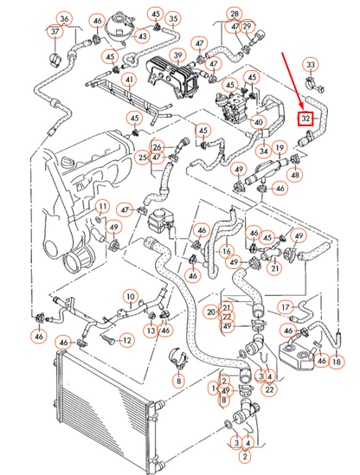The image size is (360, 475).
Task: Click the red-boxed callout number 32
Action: click(305, 119)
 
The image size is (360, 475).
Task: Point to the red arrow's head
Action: click(301, 106)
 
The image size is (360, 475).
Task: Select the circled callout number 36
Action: click(64, 19)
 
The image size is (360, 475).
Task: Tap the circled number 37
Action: click(55, 31)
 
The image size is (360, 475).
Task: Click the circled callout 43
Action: click(142, 36)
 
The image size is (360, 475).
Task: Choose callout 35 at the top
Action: click(173, 19)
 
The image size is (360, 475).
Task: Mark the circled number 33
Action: click(311, 65)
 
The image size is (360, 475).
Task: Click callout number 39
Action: click(178, 55)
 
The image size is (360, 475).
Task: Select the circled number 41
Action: click(129, 80)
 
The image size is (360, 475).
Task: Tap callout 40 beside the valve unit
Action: click(259, 122)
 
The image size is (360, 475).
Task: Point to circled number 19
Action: click(280, 148)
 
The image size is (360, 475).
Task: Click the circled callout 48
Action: click(295, 175)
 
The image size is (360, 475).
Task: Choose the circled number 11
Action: click(103, 207)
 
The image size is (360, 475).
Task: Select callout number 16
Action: click(227, 252)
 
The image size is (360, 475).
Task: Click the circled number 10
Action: click(131, 297)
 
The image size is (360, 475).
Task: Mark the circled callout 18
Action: click(337, 362)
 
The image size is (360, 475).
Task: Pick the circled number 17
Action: click(286, 307)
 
